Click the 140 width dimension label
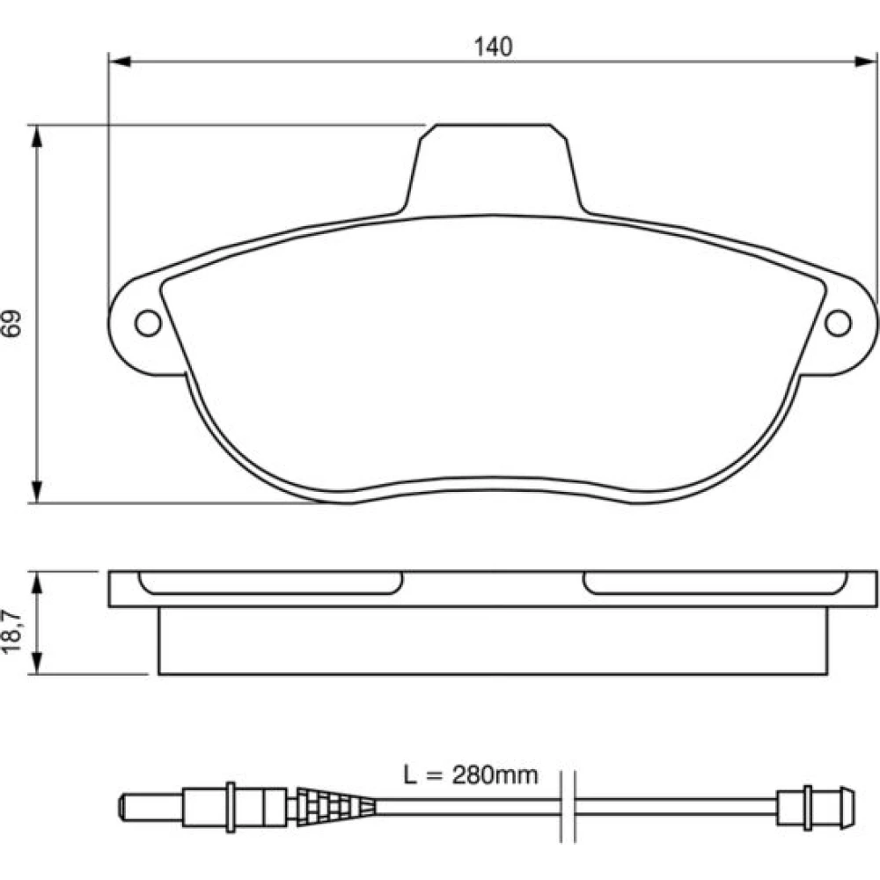(493, 48)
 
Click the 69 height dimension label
(11, 322)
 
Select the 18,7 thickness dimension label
(11, 631)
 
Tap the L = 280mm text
(470, 775)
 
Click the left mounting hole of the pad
(148, 323)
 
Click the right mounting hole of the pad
(838, 323)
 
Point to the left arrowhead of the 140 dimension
(120, 62)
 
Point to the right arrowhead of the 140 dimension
(865, 62)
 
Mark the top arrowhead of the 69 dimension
(37, 136)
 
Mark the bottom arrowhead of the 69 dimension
(37, 492)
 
